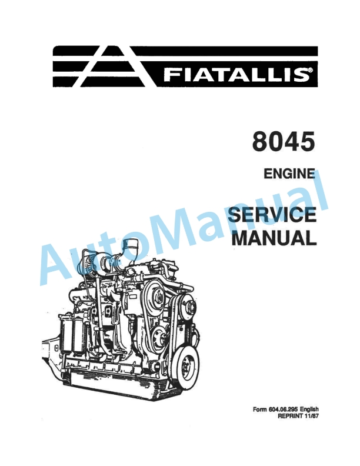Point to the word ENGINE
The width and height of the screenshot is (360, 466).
(x=286, y=174)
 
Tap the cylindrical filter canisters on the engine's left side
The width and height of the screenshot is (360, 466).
(x=74, y=335)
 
